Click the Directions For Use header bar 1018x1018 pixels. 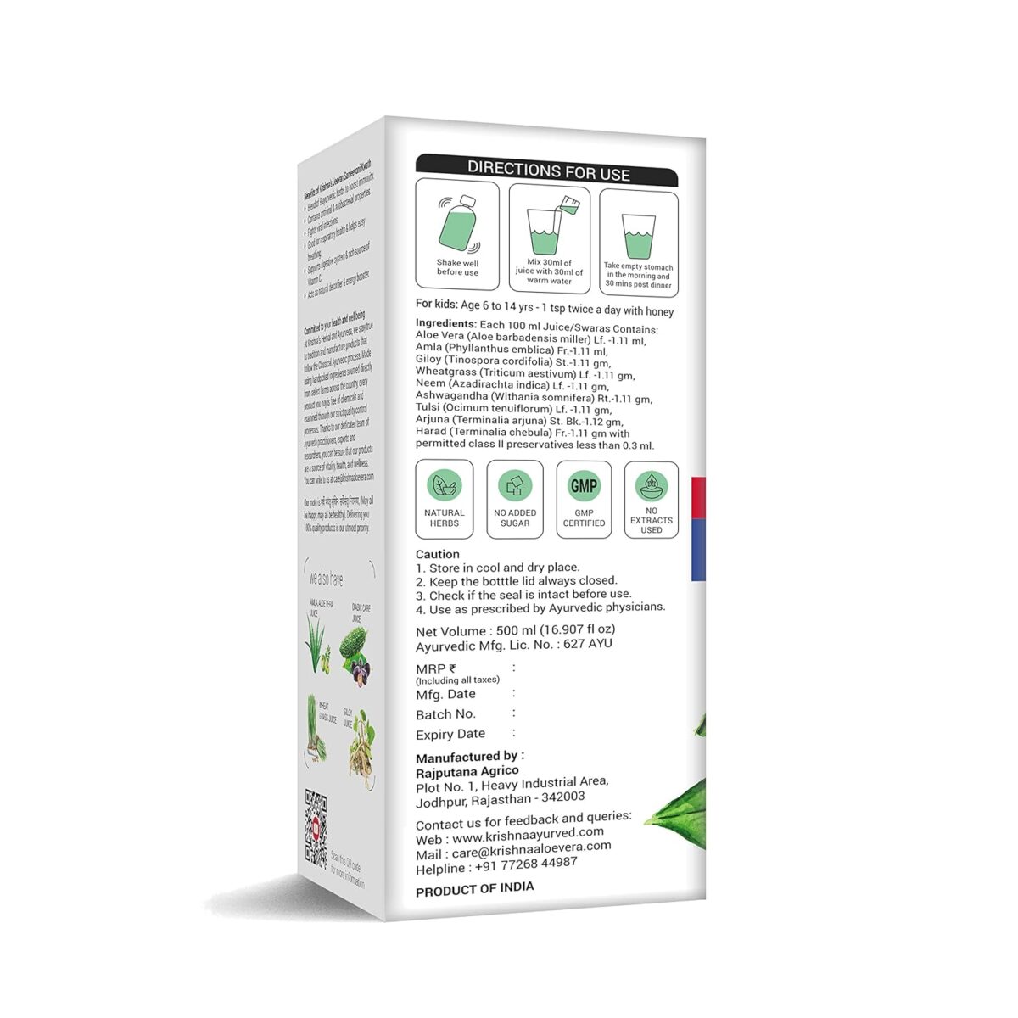pyautogui.click(x=547, y=170)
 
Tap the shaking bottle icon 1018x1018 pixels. pyautogui.click(x=458, y=226)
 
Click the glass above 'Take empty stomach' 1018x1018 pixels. pyautogui.click(x=639, y=235)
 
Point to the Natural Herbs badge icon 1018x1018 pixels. pyautogui.click(x=444, y=486)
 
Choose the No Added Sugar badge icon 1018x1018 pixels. pyautogui.click(x=515, y=486)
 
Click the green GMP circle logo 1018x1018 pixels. pyautogui.click(x=584, y=486)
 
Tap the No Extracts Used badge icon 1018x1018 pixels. pyautogui.click(x=652, y=486)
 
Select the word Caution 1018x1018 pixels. pyautogui.click(x=438, y=554)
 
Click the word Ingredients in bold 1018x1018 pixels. pyautogui.click(x=445, y=323)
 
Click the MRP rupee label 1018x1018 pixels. pyautogui.click(x=436, y=669)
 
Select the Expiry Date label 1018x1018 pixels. pyautogui.click(x=450, y=735)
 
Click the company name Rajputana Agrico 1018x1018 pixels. pyautogui.click(x=467, y=772)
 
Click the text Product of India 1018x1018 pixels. pyautogui.click(x=475, y=888)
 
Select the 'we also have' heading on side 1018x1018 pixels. pyautogui.click(x=327, y=580)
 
